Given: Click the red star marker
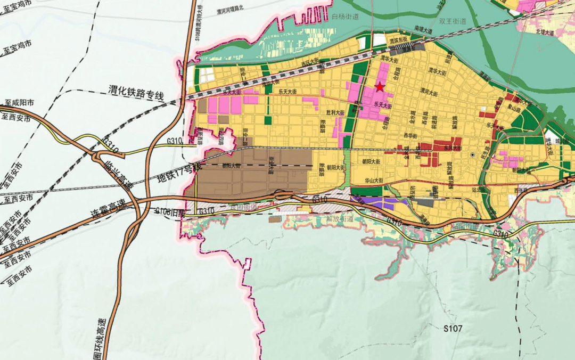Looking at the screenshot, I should click(380, 87).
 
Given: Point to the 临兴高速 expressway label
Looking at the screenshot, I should click(120, 170).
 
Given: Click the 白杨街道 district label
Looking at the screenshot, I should click(345, 17).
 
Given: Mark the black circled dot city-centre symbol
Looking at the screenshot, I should click(472, 155).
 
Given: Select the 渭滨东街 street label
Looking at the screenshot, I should click(398, 39).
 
